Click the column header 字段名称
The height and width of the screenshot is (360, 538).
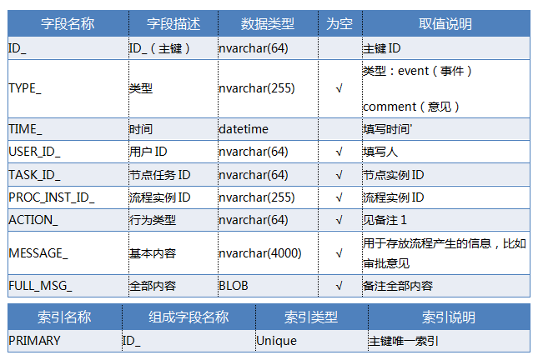coord(68,23)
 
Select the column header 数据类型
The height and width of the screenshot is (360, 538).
coord(267,23)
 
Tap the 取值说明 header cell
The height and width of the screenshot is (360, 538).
coord(445,23)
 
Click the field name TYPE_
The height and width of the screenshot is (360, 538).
coord(25,88)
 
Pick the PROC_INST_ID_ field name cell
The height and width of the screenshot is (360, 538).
coord(52,197)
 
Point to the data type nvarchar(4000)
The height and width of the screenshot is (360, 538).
coord(259,253)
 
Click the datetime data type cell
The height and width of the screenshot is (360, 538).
coord(244,129)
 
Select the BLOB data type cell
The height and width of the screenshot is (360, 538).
coord(233,286)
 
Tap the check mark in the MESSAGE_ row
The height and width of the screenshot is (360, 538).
coord(339,253)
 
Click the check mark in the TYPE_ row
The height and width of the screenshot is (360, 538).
coord(339,89)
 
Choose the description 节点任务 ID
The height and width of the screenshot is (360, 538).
coord(159,175)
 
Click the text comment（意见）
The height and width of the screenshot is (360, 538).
coord(411,107)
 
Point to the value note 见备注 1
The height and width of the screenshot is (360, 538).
coord(385,220)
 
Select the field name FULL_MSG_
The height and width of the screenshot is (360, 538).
coord(40,286)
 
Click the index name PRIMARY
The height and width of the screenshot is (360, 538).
coord(34,341)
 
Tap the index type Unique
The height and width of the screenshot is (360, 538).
coord(276,341)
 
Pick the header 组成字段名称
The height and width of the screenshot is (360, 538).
coord(189,317)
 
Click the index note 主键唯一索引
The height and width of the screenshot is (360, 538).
coord(404,341)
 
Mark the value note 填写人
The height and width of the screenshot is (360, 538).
coord(380,152)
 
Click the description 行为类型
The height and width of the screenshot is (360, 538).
coord(153,220)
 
